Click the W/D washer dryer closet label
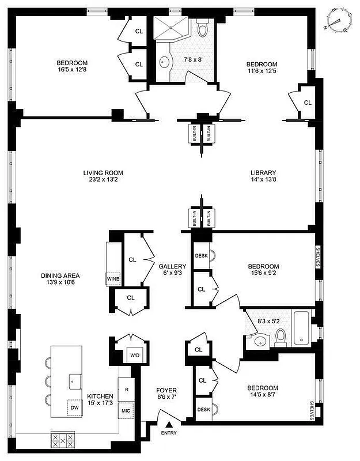pos(134,355)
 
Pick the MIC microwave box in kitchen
pos(126,410)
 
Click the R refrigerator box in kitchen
pos(126,390)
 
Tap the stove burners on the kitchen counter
pos(63,441)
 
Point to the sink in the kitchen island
pos(74,379)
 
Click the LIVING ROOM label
pos(103,173)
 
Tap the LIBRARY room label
pos(263,173)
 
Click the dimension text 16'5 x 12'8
pos(71,70)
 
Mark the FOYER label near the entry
pos(167,390)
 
